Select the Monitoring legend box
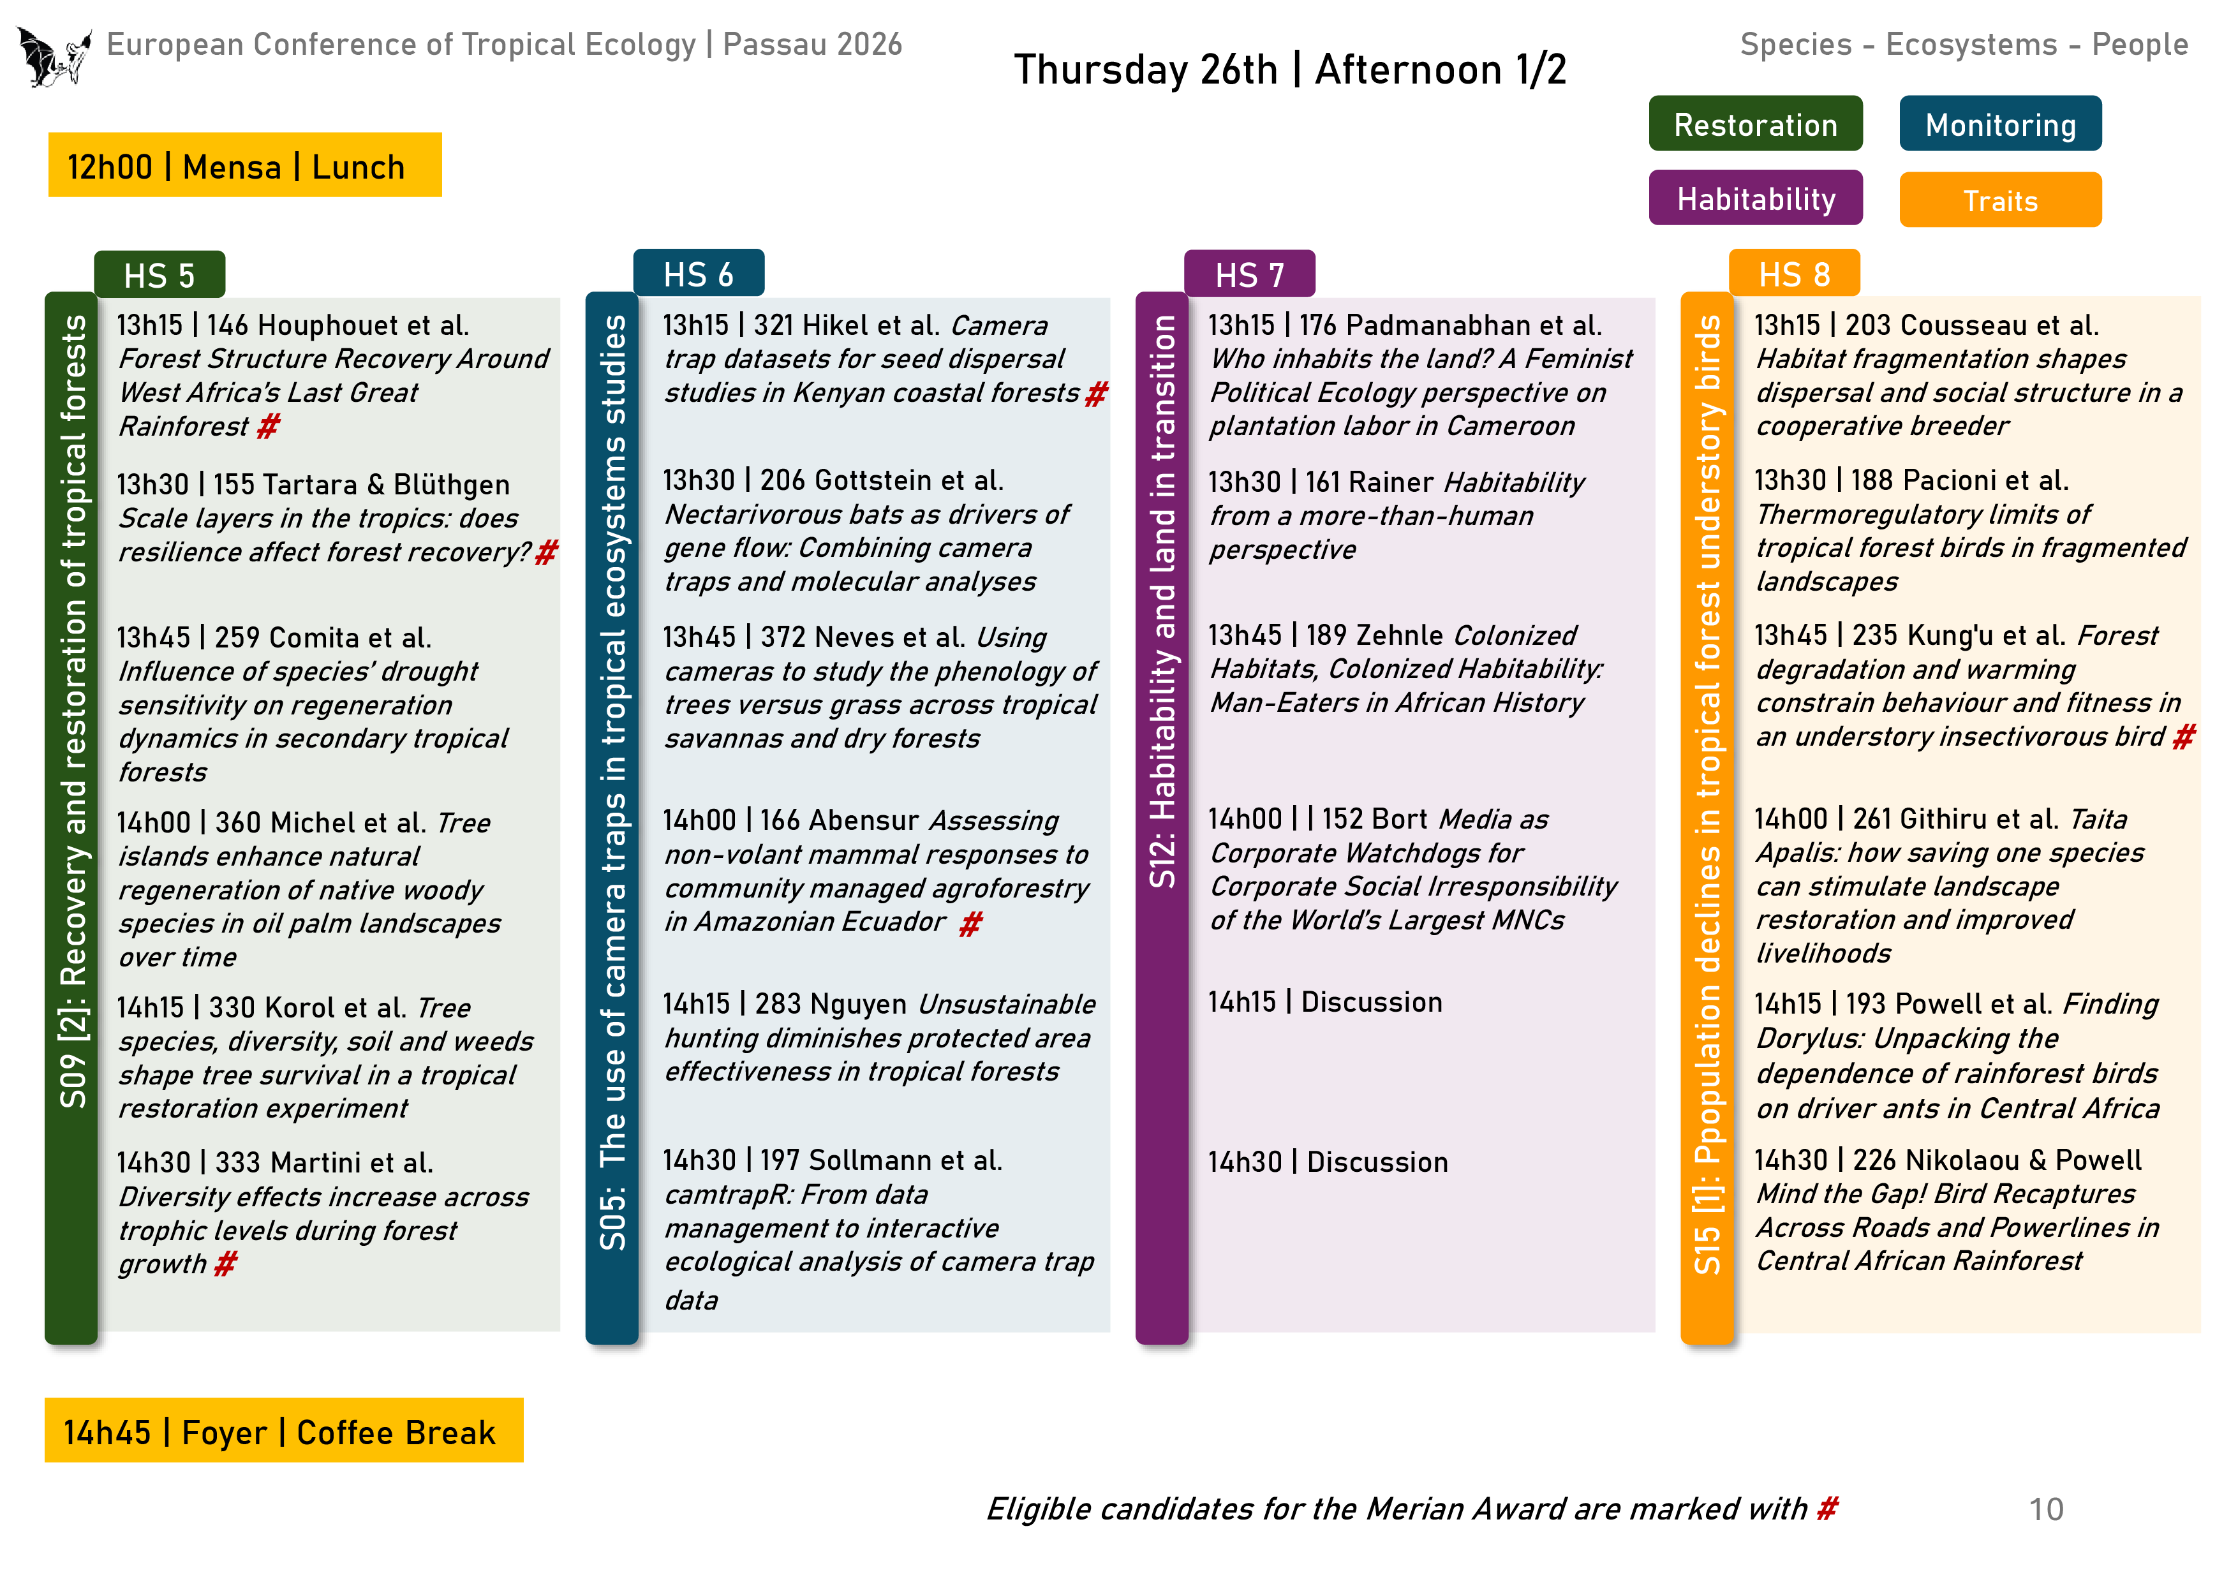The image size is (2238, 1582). click(1999, 124)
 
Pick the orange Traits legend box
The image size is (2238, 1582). click(1999, 200)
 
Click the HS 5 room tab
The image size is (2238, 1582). click(159, 275)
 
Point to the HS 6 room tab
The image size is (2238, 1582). click(698, 274)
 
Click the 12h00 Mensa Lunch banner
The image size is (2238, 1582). click(244, 166)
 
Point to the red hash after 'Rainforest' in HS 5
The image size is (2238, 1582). click(268, 426)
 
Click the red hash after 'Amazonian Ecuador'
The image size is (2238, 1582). click(970, 923)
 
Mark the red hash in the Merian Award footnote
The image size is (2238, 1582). click(1827, 1508)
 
